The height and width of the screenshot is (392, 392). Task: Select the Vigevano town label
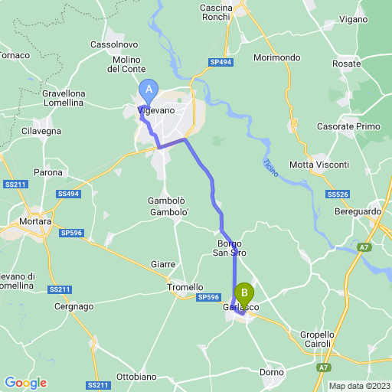pos(156,111)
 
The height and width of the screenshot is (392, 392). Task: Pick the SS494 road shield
pos(67,194)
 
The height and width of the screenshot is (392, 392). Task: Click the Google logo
pos(25,382)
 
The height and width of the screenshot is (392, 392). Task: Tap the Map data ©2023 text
pos(359,385)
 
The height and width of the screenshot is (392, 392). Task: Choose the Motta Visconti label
pos(319,165)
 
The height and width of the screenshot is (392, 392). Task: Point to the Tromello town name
pos(185,287)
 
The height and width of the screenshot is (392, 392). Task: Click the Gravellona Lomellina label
pos(64,99)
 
